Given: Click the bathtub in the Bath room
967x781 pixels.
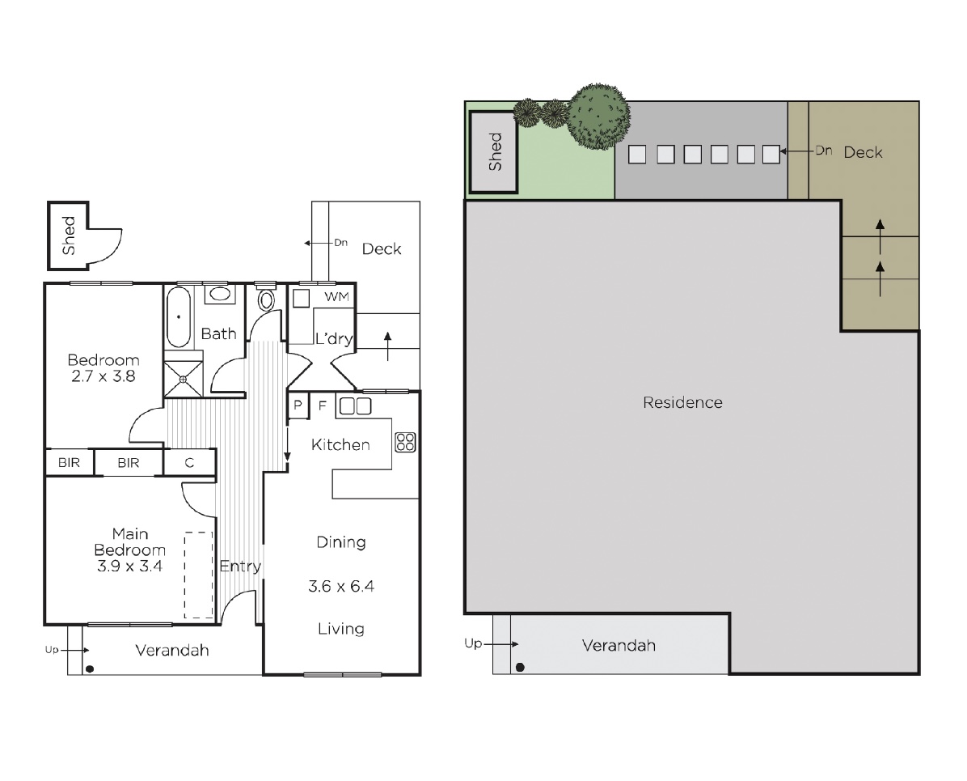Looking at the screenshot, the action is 179,316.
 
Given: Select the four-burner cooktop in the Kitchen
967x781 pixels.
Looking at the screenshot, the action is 405,442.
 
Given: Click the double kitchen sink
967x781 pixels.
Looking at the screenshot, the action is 355,405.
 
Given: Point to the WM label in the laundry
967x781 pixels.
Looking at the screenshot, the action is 336,297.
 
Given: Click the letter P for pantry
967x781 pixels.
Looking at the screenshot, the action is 298,405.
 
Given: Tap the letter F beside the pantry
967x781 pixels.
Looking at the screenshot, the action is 322,405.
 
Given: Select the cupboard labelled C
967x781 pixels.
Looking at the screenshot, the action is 190,462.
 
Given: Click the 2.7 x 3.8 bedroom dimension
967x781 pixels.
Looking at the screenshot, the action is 103,376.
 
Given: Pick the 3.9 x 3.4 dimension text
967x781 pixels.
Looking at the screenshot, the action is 129,566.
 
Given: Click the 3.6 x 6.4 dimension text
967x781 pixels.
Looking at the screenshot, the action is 341,586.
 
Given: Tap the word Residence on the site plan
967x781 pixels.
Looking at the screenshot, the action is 682,402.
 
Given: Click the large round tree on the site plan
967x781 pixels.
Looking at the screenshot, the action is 598,117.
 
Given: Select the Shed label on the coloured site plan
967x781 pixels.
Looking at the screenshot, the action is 495,152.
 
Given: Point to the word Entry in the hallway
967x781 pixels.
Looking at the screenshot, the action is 240,567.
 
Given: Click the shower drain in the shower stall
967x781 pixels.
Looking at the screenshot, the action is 183,380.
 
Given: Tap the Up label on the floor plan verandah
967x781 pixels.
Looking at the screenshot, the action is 52,650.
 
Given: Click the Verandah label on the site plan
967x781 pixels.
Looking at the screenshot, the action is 619,645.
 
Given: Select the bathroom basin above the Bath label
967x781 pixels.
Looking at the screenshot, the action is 219,294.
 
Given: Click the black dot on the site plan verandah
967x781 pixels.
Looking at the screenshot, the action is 520,667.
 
